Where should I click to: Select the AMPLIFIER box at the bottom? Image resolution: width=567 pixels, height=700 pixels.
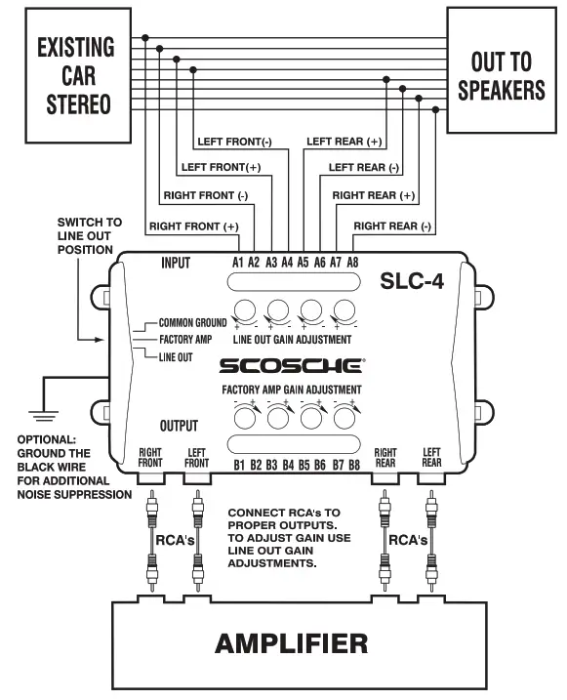pos(291,643)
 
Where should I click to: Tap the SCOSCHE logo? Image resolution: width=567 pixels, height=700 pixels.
pos(291,367)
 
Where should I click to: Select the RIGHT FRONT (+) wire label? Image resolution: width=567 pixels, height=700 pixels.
pos(193,226)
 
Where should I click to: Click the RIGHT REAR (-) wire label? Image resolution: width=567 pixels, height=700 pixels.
pos(391,226)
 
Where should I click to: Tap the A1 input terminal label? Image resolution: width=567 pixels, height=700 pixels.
pos(237,263)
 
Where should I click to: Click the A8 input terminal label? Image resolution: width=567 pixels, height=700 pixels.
pos(351,263)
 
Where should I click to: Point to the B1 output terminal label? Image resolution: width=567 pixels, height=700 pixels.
pos(239,465)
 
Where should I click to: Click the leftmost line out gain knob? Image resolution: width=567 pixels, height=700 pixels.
pos(244,312)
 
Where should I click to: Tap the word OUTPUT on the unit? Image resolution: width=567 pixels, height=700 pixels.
pos(179,427)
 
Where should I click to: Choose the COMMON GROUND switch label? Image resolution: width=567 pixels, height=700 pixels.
pos(192,322)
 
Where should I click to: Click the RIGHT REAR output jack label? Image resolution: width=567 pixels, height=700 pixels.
pos(385,458)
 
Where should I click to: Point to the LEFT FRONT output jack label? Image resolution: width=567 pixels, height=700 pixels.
pos(197,458)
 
